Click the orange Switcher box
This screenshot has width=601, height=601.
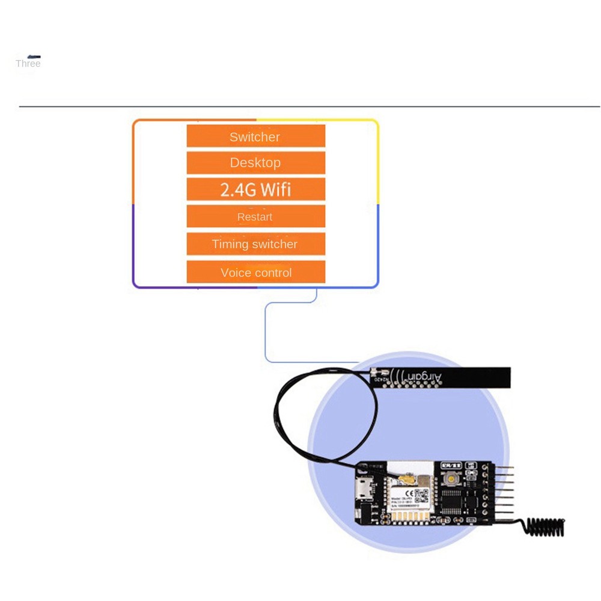coord(255,136)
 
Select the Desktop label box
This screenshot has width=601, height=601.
coord(255,162)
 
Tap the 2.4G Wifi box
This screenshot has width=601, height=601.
coord(255,189)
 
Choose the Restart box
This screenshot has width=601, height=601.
coord(255,216)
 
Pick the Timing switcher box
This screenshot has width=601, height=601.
coord(255,244)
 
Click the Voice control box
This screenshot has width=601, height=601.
coord(255,272)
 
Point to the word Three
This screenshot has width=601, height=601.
coord(28,64)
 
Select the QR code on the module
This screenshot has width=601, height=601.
coord(422,495)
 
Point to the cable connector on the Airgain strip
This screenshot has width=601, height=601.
coord(374,373)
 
